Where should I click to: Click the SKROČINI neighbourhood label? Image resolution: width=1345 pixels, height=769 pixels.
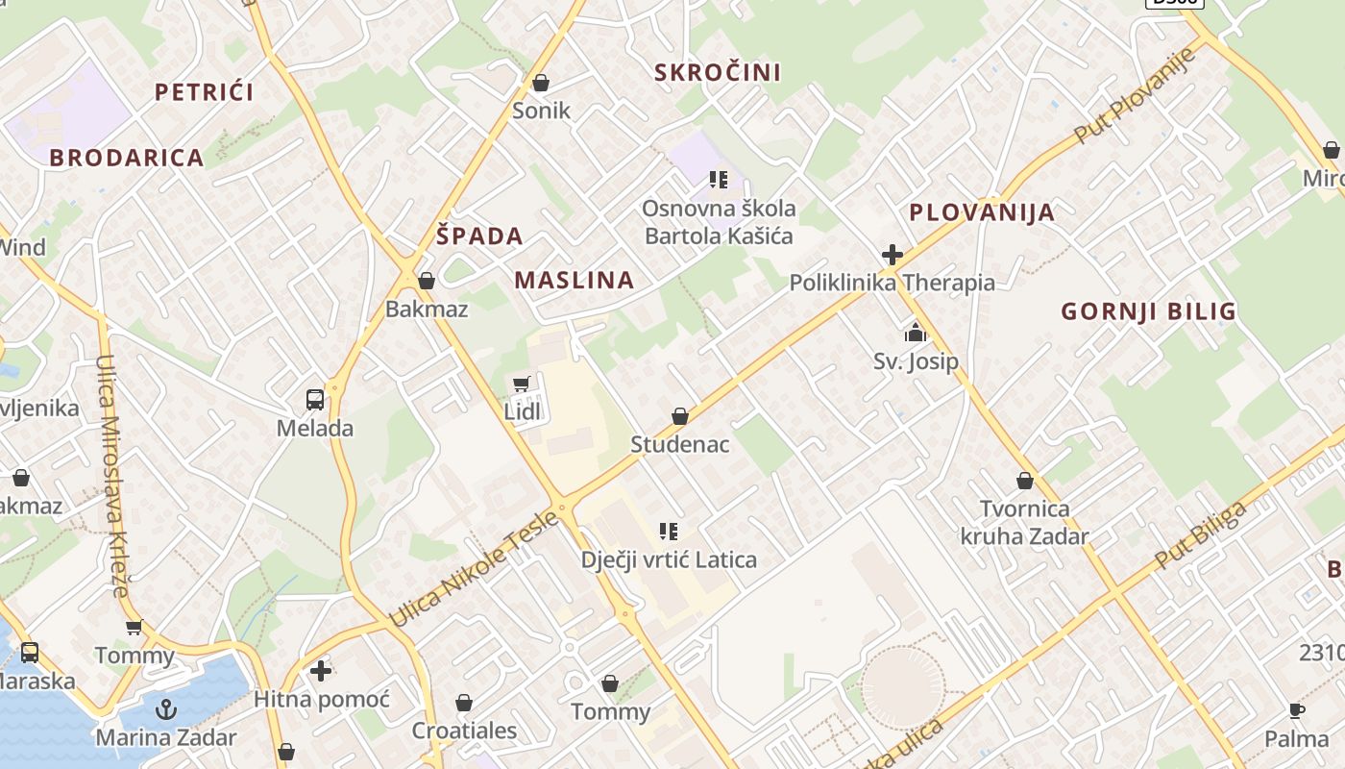[x=717, y=72]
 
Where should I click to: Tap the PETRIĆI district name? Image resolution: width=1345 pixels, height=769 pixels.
[x=204, y=92]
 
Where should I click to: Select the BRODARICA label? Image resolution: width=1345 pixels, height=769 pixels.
[x=127, y=158]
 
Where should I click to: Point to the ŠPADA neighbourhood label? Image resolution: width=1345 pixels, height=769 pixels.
[x=479, y=236]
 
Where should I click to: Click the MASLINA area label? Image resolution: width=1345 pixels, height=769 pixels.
[x=575, y=280]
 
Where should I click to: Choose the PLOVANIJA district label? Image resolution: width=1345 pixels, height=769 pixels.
[x=982, y=211]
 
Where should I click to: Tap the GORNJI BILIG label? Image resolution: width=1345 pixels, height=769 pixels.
[x=1148, y=310]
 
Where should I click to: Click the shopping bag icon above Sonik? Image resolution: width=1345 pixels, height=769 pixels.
[x=541, y=84]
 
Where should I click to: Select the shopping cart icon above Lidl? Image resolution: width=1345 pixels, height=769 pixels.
[x=522, y=384]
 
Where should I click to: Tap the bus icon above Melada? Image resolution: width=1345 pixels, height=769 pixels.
[x=314, y=400]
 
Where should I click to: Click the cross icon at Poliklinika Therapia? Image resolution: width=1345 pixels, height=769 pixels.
[x=892, y=255]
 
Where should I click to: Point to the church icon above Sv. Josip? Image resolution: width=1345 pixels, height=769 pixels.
[x=916, y=334]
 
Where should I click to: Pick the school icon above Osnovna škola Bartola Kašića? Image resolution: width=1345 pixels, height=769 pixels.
[x=718, y=180]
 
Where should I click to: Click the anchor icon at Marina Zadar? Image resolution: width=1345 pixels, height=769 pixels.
[x=166, y=709]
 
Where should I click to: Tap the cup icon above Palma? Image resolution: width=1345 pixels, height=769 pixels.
[x=1296, y=711]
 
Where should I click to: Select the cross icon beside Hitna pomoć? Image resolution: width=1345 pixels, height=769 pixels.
[x=321, y=670]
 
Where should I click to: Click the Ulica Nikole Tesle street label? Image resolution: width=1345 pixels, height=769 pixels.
[x=475, y=569]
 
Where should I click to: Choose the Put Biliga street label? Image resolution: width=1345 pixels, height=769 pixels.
[x=1201, y=534]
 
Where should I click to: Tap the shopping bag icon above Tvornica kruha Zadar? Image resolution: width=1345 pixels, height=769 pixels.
[x=1025, y=481]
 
